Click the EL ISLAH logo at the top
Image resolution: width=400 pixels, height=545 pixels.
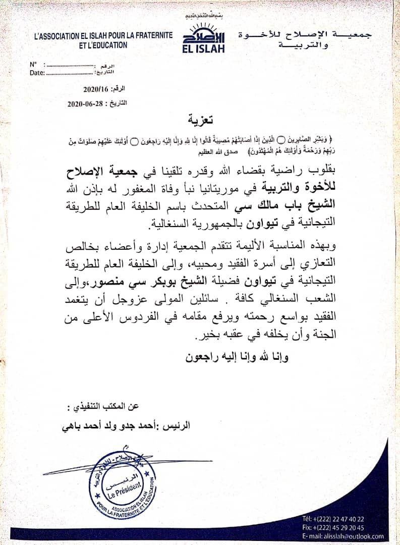203,36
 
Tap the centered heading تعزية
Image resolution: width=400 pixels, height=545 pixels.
200,120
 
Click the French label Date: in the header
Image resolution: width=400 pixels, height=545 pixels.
37,73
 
